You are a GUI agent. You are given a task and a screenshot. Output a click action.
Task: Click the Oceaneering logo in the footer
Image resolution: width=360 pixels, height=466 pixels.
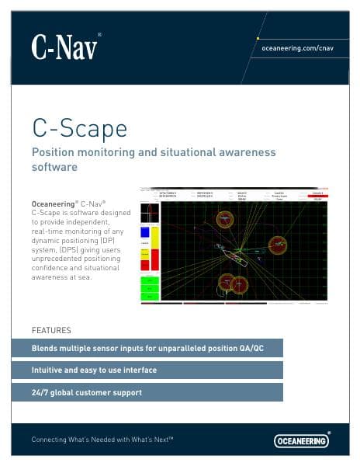point(302,440)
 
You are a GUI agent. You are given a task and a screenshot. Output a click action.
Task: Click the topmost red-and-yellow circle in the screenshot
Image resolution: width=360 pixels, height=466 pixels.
point(225,219)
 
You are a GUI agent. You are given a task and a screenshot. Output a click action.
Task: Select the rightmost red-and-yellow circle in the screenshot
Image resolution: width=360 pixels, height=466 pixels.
point(278,245)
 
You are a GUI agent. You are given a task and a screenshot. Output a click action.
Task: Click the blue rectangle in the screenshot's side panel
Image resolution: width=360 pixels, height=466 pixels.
point(144,232)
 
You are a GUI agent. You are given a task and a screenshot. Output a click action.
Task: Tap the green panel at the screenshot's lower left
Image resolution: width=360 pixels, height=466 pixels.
point(149,288)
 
